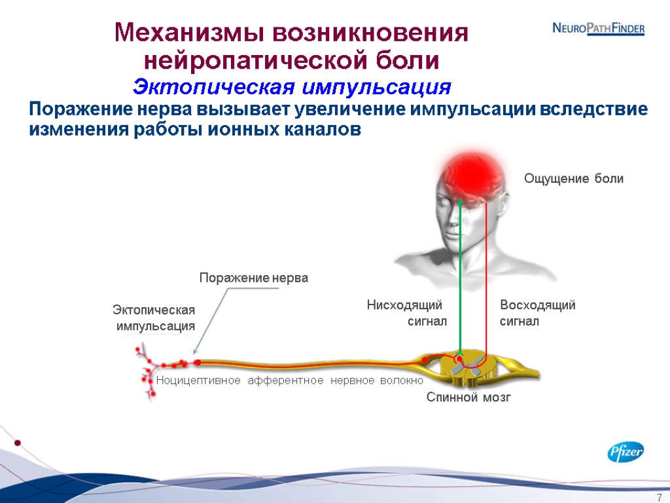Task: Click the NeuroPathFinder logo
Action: click(598, 29)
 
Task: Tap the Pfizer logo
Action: click(626, 452)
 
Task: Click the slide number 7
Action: click(659, 496)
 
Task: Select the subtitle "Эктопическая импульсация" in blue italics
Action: click(292, 86)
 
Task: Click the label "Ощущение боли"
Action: click(574, 179)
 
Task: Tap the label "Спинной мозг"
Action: click(468, 397)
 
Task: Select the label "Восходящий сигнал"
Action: click(537, 313)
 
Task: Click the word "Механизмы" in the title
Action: click(188, 33)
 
